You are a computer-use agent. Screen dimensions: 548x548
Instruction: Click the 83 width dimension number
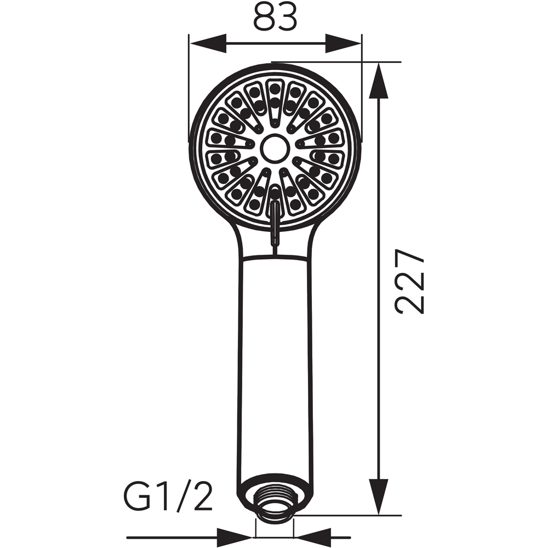pyautogui.click(x=275, y=17)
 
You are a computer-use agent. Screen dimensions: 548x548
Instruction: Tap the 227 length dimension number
pyautogui.click(x=409, y=281)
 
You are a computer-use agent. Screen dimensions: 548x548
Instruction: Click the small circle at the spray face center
pyautogui.click(x=276, y=148)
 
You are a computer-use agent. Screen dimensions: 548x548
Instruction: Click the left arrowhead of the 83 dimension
pyautogui.click(x=208, y=43)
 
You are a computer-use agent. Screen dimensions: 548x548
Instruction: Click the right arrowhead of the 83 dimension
pyautogui.click(x=343, y=43)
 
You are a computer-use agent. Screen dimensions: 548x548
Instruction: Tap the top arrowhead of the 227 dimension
pyautogui.click(x=379, y=81)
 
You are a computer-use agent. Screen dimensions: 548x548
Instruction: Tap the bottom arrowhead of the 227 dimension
pyautogui.click(x=379, y=496)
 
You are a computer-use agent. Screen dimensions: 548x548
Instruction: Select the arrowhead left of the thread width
pyautogui.click(x=235, y=537)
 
